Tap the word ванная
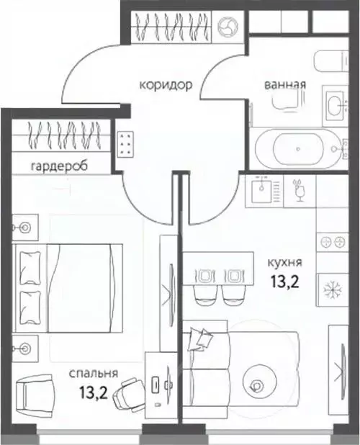click(x=285, y=84)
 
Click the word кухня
click(x=284, y=263)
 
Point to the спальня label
click(x=94, y=373)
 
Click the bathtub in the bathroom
click(x=297, y=149)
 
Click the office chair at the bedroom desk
click(x=130, y=394)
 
